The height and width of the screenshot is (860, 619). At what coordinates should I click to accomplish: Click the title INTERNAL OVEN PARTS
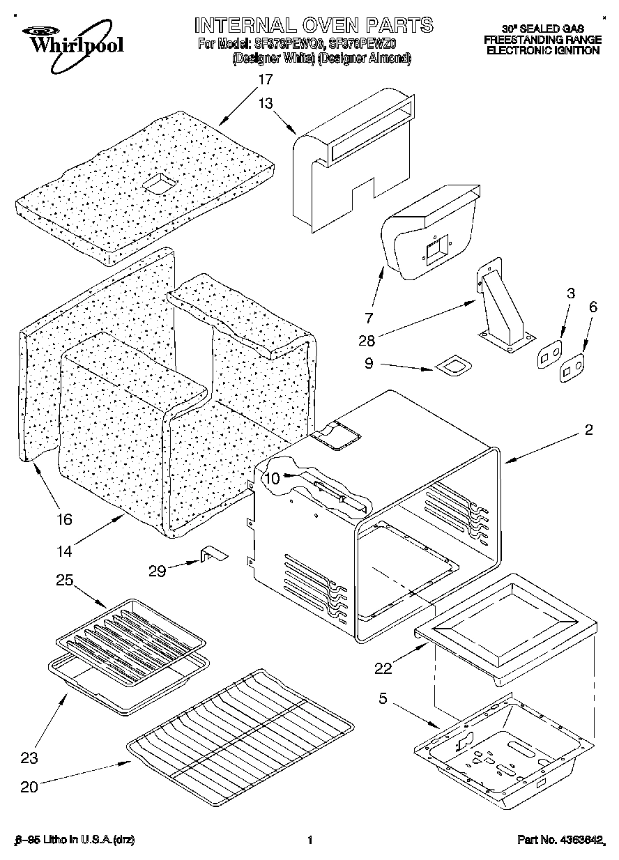click(x=313, y=26)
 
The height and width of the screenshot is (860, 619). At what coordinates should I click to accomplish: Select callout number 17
click(x=265, y=79)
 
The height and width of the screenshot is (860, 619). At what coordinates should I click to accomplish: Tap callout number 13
click(x=265, y=102)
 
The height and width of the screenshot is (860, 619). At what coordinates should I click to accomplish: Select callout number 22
click(x=383, y=668)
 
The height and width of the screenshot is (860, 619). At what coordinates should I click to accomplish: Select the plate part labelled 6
click(x=572, y=368)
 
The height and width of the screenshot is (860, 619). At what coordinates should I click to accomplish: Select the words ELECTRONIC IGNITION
click(x=542, y=50)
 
